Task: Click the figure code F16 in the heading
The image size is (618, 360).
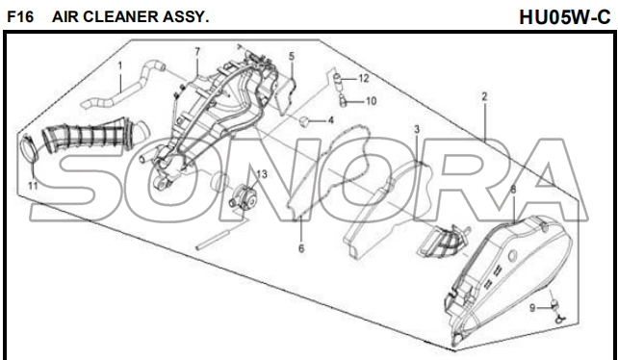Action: coord(20,17)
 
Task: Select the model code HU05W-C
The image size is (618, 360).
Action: coord(564,17)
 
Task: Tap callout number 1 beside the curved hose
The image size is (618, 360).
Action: coord(120,65)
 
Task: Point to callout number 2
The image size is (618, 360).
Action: coord(484,96)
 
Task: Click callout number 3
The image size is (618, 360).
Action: coord(417,129)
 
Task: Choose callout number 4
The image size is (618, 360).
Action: coord(330,120)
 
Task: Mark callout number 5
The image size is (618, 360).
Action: coord(292,57)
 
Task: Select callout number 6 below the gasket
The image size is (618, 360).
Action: coord(301,248)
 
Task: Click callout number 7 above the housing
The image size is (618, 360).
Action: coord(197,52)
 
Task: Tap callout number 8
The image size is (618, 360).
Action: coord(513,190)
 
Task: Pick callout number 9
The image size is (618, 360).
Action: coord(532,308)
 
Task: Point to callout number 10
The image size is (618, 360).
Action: coord(371,101)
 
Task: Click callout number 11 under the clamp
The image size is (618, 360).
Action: coord(33,186)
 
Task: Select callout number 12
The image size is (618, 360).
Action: coord(364,79)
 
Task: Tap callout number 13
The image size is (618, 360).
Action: coord(261,174)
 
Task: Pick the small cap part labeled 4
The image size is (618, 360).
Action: coord(304,121)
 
